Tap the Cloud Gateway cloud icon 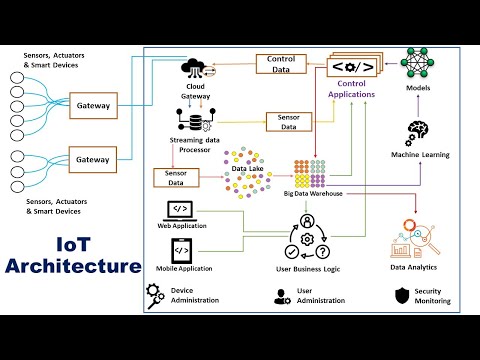[194, 69]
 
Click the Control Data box [287, 64]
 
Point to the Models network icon [420, 61]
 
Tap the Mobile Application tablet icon [182, 250]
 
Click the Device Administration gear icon [155, 294]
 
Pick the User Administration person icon [281, 295]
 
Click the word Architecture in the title [72, 266]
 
